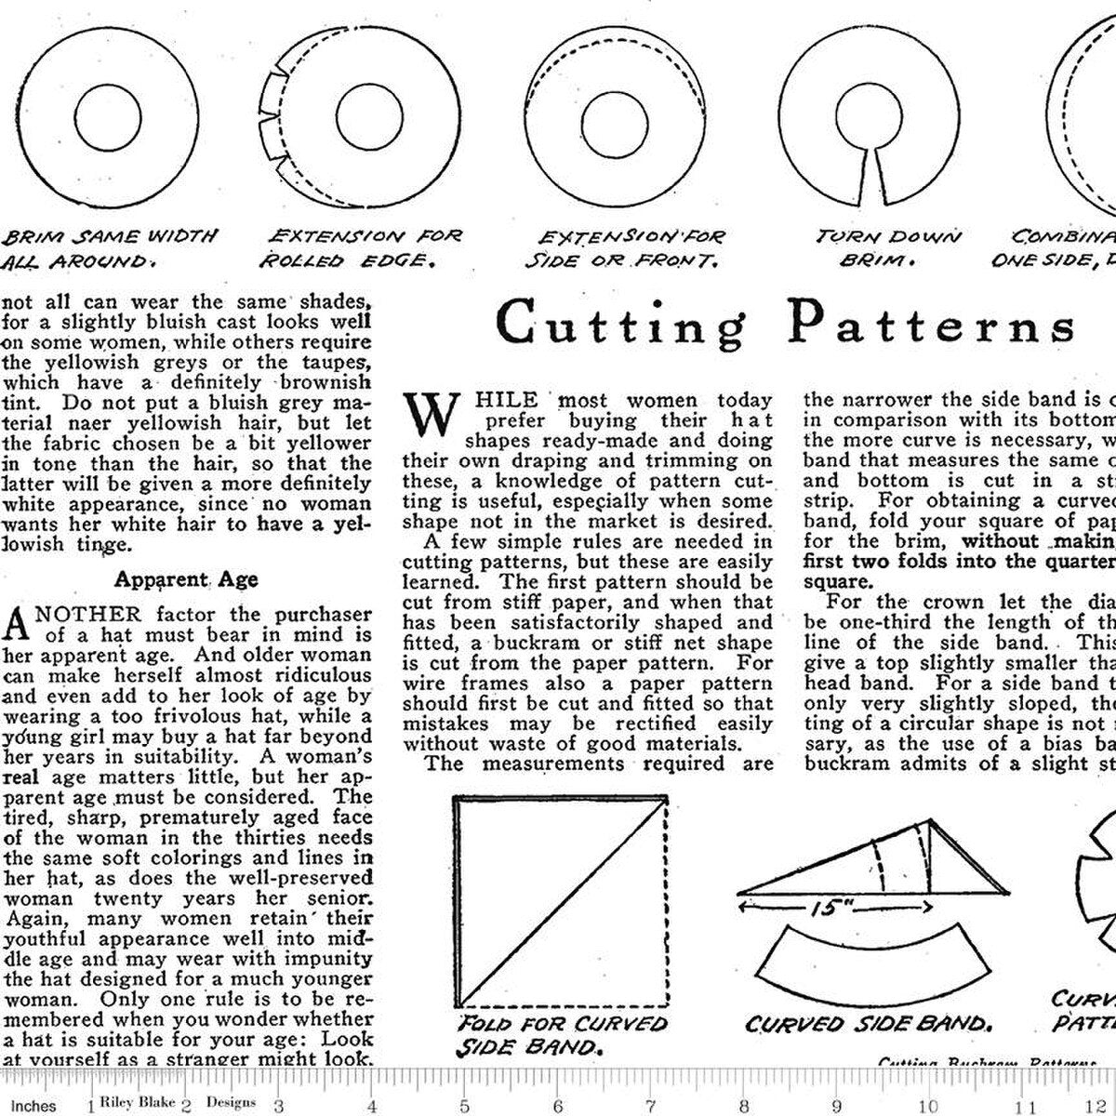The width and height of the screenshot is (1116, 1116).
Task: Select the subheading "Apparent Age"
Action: click(186, 579)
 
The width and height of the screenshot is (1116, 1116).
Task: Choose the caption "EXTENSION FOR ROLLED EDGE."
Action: click(363, 248)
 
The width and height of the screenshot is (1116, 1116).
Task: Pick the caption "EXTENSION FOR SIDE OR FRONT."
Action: click(624, 248)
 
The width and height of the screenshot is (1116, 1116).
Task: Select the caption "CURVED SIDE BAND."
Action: click(866, 1000)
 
